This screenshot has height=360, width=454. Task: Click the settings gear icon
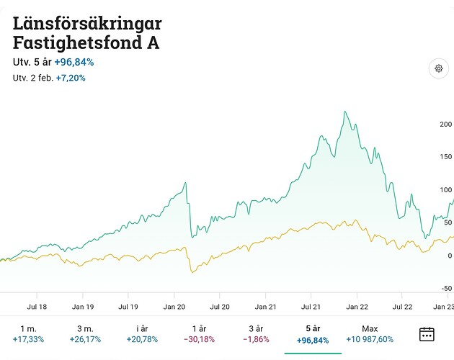[438, 68]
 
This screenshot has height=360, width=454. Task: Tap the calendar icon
[427, 333]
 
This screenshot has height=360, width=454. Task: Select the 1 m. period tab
[28, 333]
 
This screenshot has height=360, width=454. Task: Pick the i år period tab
[143, 333]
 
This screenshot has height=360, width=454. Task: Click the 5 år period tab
[312, 333]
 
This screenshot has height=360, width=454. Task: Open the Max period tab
[370, 333]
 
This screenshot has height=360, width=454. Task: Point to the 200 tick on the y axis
[445, 125]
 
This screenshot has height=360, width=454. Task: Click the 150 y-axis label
[445, 157]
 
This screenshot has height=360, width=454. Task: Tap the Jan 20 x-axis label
[174, 306]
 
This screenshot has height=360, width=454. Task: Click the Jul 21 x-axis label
[311, 306]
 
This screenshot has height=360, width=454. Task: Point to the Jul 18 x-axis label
[36, 306]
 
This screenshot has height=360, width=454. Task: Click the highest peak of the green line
[345, 112]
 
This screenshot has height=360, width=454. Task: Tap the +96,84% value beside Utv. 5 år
[74, 62]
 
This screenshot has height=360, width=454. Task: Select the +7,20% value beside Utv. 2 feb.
[71, 77]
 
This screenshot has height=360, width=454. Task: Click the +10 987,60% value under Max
[370, 339]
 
